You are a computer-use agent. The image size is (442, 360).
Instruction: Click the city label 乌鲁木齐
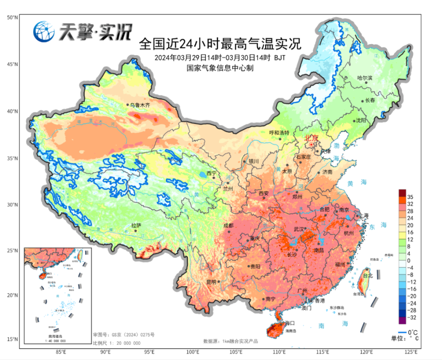point(140,105)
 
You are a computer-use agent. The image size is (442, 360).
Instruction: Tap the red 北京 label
point(312,138)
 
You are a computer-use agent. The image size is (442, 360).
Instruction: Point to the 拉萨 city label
point(136,225)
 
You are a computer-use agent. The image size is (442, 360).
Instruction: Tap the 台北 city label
point(368,276)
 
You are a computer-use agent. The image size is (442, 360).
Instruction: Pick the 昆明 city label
point(211,281)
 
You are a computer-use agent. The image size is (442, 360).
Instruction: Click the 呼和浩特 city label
point(279,133)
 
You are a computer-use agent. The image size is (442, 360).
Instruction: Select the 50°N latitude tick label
point(12,17)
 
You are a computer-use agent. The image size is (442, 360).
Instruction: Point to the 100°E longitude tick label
point(192,352)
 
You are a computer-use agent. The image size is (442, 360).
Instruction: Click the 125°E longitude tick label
point(411,352)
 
